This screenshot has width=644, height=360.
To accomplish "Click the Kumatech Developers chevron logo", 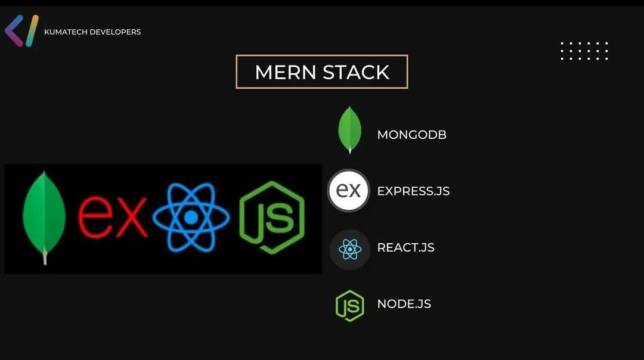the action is (21, 31).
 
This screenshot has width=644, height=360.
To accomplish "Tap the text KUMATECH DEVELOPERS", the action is (92, 32).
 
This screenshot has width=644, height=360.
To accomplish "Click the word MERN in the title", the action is (286, 72).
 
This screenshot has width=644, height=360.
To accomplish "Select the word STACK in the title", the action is (356, 72).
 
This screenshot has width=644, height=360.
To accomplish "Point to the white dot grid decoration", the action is (584, 51).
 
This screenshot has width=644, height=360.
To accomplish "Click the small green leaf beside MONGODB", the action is (349, 130).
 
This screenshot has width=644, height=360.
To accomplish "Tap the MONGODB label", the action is (411, 135).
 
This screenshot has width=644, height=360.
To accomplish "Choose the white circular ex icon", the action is (349, 191).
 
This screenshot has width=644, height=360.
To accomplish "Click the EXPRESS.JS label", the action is (413, 191).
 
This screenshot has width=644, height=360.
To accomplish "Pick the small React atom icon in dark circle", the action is (350, 249).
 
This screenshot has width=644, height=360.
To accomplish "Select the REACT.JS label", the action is (406, 247).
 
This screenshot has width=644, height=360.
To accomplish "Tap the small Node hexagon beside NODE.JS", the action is (350, 306).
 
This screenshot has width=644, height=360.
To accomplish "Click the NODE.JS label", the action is (404, 304).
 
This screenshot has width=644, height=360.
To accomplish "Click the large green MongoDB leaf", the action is (44, 213).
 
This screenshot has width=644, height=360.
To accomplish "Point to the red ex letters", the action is (113, 217).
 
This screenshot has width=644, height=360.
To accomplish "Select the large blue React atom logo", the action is (191, 217).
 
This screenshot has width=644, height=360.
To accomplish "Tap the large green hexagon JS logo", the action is (272, 218).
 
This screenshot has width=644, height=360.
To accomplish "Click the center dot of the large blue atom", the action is (191, 218).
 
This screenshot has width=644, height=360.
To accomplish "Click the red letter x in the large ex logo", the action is (131, 217).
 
